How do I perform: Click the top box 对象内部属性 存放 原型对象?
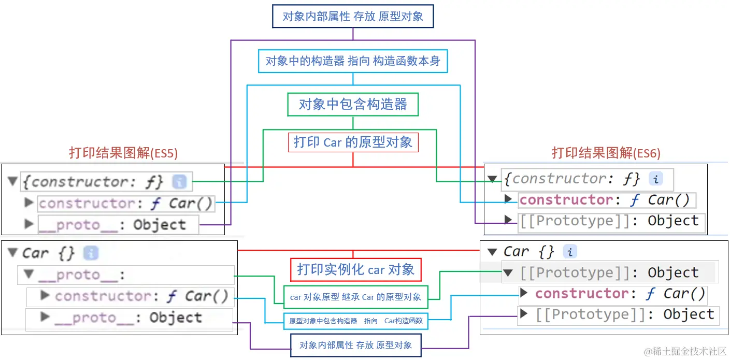[353, 16]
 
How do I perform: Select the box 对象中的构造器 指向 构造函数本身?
[353, 61]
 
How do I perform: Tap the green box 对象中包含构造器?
[353, 104]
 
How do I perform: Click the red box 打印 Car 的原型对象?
[353, 142]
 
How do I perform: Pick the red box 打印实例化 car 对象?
[355, 269]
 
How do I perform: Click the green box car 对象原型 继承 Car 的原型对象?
[355, 297]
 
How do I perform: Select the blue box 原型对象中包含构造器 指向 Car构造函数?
[355, 321]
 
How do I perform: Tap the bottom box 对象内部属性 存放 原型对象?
[355, 345]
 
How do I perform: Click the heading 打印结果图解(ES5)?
[123, 153]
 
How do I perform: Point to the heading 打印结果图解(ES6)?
[606, 153]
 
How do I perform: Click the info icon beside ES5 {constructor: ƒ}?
[179, 181]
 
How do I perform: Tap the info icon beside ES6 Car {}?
[570, 252]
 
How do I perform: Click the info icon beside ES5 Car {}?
[91, 253]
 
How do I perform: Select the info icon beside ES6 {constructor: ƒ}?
[656, 179]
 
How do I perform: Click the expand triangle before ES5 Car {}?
[13, 253]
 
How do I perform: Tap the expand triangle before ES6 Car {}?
[492, 252]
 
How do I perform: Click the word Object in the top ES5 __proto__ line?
[160, 225]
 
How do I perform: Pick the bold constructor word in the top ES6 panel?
[566, 200]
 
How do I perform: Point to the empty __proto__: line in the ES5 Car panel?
[83, 275]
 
